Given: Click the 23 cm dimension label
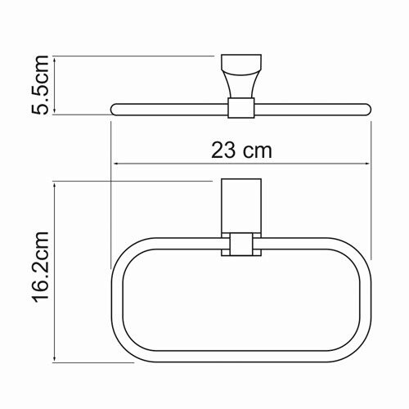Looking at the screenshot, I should pos(240,150).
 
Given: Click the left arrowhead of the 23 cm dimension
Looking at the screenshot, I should pos(115,163).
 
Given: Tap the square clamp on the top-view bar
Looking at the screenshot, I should pos(239,109).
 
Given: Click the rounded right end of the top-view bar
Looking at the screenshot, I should pos(366,109).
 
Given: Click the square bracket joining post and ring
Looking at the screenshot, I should pos(239,245).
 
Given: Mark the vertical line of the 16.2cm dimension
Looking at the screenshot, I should pos(55,270).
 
